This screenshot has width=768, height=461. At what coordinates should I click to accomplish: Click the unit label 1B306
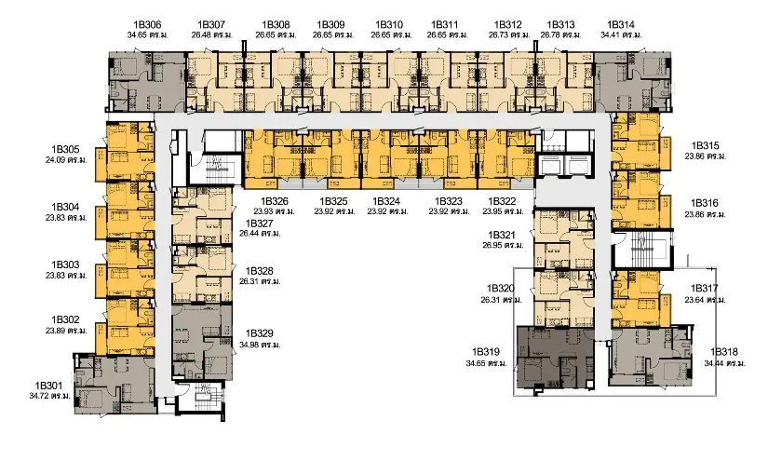[x=147, y=24]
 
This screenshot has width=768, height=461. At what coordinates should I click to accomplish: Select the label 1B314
[x=621, y=24]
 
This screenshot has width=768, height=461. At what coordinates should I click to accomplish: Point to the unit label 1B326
[x=275, y=201]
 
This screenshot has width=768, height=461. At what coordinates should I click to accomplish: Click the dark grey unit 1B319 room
[x=556, y=357]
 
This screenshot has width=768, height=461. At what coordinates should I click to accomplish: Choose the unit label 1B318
[x=724, y=352]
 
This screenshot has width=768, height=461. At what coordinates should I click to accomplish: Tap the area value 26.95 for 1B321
[x=493, y=246]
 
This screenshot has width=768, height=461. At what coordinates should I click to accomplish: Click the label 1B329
[x=259, y=333]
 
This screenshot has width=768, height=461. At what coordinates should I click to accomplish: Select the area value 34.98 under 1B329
[x=250, y=345]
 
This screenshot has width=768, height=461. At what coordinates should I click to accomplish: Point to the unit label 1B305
[x=65, y=149]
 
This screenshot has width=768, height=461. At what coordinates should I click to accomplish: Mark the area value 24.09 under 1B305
[x=57, y=160]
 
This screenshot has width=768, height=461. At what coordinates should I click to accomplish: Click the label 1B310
[x=389, y=24]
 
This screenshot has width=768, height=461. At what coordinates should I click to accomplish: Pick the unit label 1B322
[x=502, y=201]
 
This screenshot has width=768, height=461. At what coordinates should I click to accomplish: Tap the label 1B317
[x=705, y=288]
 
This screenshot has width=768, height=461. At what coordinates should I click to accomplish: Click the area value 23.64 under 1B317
[x=696, y=300]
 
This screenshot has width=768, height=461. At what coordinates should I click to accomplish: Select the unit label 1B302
[x=65, y=320]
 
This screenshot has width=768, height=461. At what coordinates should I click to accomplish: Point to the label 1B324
[x=386, y=201]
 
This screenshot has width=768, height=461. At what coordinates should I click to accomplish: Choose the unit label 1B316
[x=705, y=203]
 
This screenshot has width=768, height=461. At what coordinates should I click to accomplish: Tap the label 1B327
[x=259, y=224]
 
